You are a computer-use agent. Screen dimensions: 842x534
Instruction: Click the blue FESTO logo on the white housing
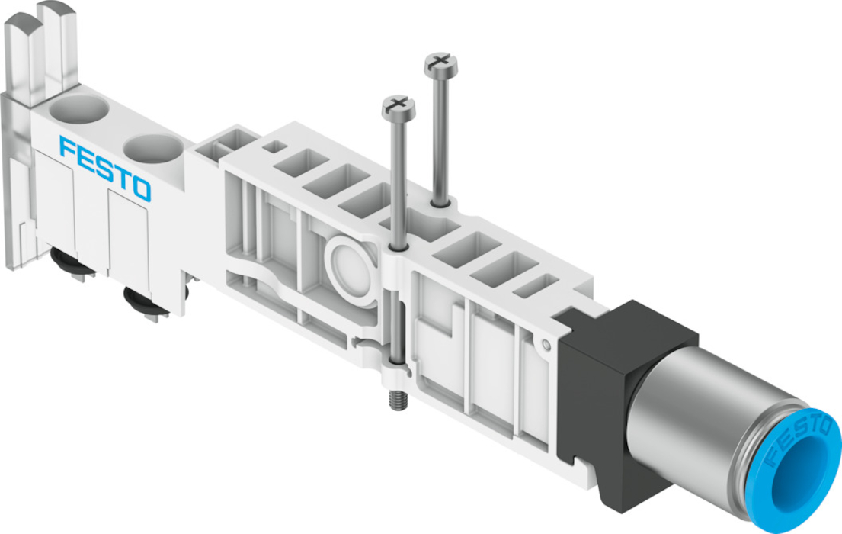105,169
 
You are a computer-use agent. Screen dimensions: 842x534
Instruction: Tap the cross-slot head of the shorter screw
399,107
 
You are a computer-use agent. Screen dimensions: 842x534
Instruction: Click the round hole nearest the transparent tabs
79,110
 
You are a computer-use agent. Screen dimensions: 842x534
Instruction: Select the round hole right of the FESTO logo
153,149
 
